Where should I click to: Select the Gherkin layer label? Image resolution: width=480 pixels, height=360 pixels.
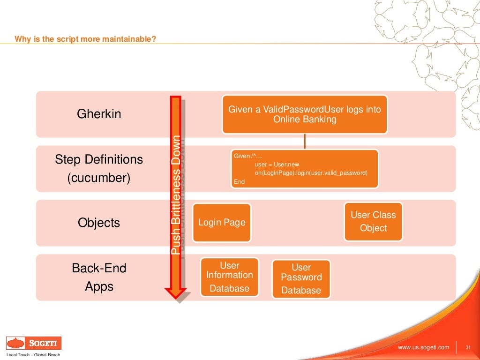pyautogui.click(x=99, y=114)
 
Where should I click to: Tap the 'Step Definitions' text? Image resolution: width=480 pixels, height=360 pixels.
pyautogui.click(x=99, y=159)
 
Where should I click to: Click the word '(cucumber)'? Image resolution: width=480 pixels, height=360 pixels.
pyautogui.click(x=99, y=178)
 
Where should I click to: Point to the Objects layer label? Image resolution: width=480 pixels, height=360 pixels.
pyautogui.click(x=99, y=223)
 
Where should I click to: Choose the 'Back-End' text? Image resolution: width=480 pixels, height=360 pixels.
pyautogui.click(x=99, y=268)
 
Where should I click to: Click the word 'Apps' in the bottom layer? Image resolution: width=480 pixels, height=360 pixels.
pyautogui.click(x=99, y=286)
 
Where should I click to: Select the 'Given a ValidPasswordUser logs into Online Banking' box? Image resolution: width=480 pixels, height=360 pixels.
pyautogui.click(x=305, y=114)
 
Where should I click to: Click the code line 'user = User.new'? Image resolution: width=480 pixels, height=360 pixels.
pyautogui.click(x=277, y=165)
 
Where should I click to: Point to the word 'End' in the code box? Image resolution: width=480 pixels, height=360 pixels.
pyautogui.click(x=239, y=181)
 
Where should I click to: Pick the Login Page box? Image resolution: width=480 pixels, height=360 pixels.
pyautogui.click(x=222, y=223)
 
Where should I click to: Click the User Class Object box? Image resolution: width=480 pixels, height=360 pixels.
pyautogui.click(x=373, y=222)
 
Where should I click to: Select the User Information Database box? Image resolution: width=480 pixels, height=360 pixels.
pyautogui.click(x=229, y=277)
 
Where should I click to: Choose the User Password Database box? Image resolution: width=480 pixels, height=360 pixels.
pyautogui.click(x=301, y=279)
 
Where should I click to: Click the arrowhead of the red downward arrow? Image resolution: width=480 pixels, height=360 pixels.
pyautogui.click(x=176, y=292)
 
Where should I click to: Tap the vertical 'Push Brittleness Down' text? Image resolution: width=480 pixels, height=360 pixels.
pyautogui.click(x=176, y=195)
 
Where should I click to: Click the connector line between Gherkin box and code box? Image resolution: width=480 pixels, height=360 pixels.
pyautogui.click(x=305, y=141)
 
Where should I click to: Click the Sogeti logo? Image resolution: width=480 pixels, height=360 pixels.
pyautogui.click(x=33, y=343)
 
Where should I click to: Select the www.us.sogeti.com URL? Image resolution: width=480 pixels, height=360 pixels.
pyautogui.click(x=423, y=347)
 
